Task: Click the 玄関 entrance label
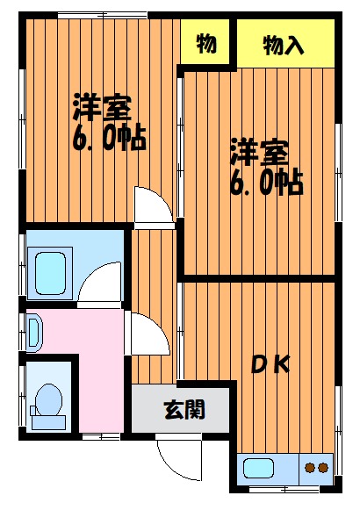coord(184,409)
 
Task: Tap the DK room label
coord(271,364)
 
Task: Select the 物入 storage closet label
coord(284,46)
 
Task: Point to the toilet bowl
coord(48,399)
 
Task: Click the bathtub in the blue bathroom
coord(50,274)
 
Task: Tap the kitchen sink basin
coord(258,468)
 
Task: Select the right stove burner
coord(323,468)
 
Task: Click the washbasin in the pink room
coord(33,333)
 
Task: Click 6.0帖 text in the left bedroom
coord(109,140)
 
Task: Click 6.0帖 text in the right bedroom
coord(266,183)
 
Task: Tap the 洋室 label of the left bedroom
coord(103,107)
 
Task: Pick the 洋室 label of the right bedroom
coord(260,152)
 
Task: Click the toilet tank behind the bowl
coord(48,422)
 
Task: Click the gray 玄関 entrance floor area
coord(181,409)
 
